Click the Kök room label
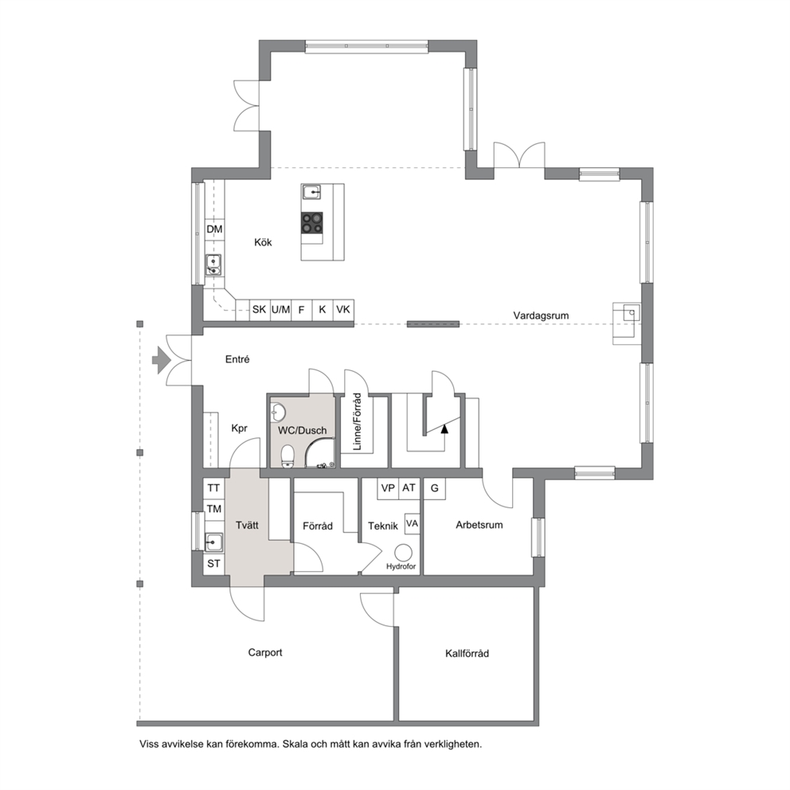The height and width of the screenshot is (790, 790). [263, 242]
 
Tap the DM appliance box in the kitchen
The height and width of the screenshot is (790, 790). [215, 229]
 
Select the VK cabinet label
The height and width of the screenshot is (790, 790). [343, 309]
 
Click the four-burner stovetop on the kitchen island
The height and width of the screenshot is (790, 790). [312, 223]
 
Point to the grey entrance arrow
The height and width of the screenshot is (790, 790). [162, 360]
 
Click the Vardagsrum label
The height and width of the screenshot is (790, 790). [541, 315]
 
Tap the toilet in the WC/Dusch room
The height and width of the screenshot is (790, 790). [287, 456]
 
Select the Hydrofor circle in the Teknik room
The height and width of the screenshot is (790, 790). [403, 553]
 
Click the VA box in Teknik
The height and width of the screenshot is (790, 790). [413, 524]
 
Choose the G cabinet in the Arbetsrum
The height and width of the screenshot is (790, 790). [434, 488]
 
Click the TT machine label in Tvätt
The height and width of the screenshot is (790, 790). [213, 488]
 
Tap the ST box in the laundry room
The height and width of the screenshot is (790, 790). [213, 563]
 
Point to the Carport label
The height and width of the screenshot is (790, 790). [265, 652]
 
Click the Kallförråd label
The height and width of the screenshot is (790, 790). [467, 654]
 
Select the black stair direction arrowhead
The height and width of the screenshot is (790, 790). [444, 428]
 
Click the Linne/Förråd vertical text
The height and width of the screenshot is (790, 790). [358, 422]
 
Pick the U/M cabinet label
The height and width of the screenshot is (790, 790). [280, 309]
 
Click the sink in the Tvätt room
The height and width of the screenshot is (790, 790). [214, 542]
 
